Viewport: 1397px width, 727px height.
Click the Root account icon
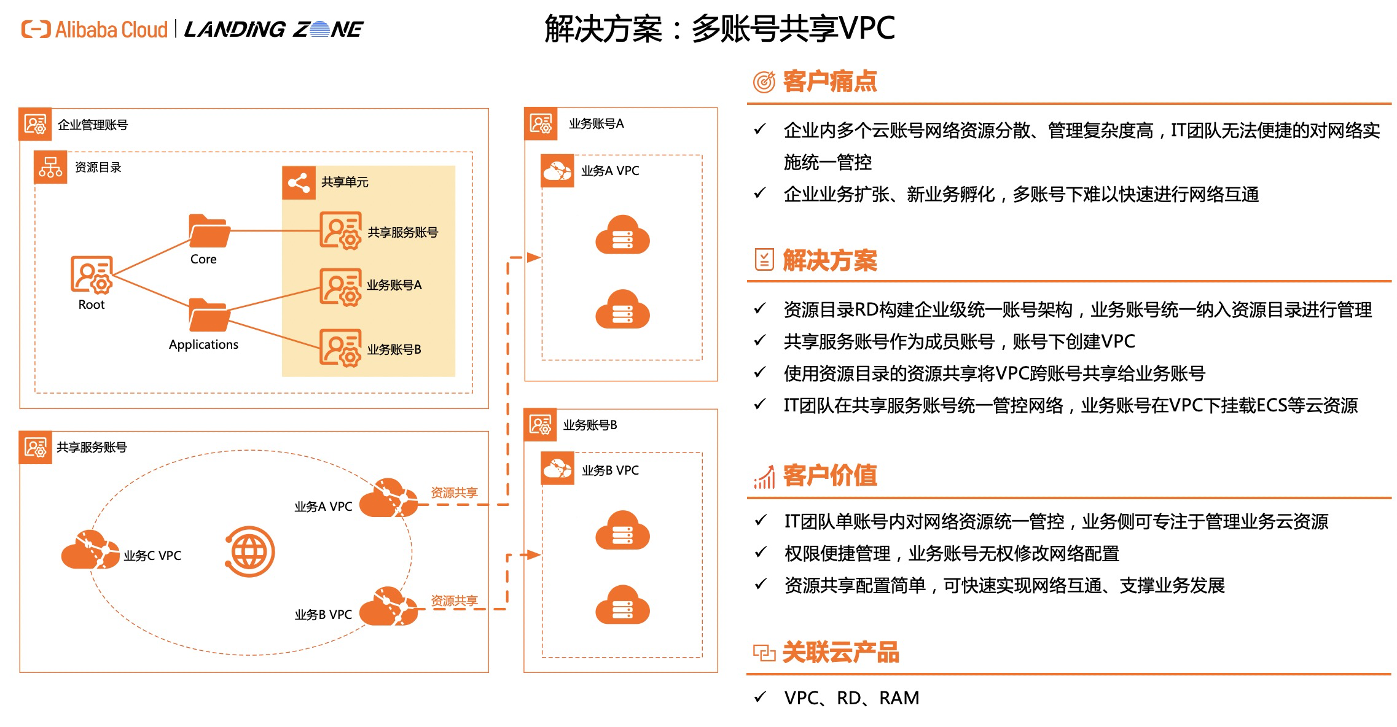pyautogui.click(x=92, y=274)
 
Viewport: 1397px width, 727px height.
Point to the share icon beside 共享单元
pyautogui.click(x=299, y=182)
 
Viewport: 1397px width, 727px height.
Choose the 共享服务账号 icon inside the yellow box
pyautogui.click(x=340, y=231)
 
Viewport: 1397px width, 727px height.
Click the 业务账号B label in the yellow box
pyautogui.click(x=394, y=349)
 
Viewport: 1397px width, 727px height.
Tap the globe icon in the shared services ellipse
pyautogui.click(x=249, y=552)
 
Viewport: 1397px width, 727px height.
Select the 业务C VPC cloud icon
pyautogui.click(x=90, y=550)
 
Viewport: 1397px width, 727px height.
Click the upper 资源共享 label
pyautogui.click(x=454, y=492)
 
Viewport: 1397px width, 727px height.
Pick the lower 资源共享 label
pyautogui.click(x=454, y=601)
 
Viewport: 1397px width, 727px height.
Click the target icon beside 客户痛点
pyautogui.click(x=764, y=82)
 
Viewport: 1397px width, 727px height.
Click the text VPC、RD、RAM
pyautogui.click(x=851, y=698)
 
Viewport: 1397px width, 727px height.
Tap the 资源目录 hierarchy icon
pyautogui.click(x=50, y=167)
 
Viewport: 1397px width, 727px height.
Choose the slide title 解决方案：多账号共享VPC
pyautogui.click(x=719, y=28)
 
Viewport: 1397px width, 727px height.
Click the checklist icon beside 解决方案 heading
pyautogui.click(x=764, y=260)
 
